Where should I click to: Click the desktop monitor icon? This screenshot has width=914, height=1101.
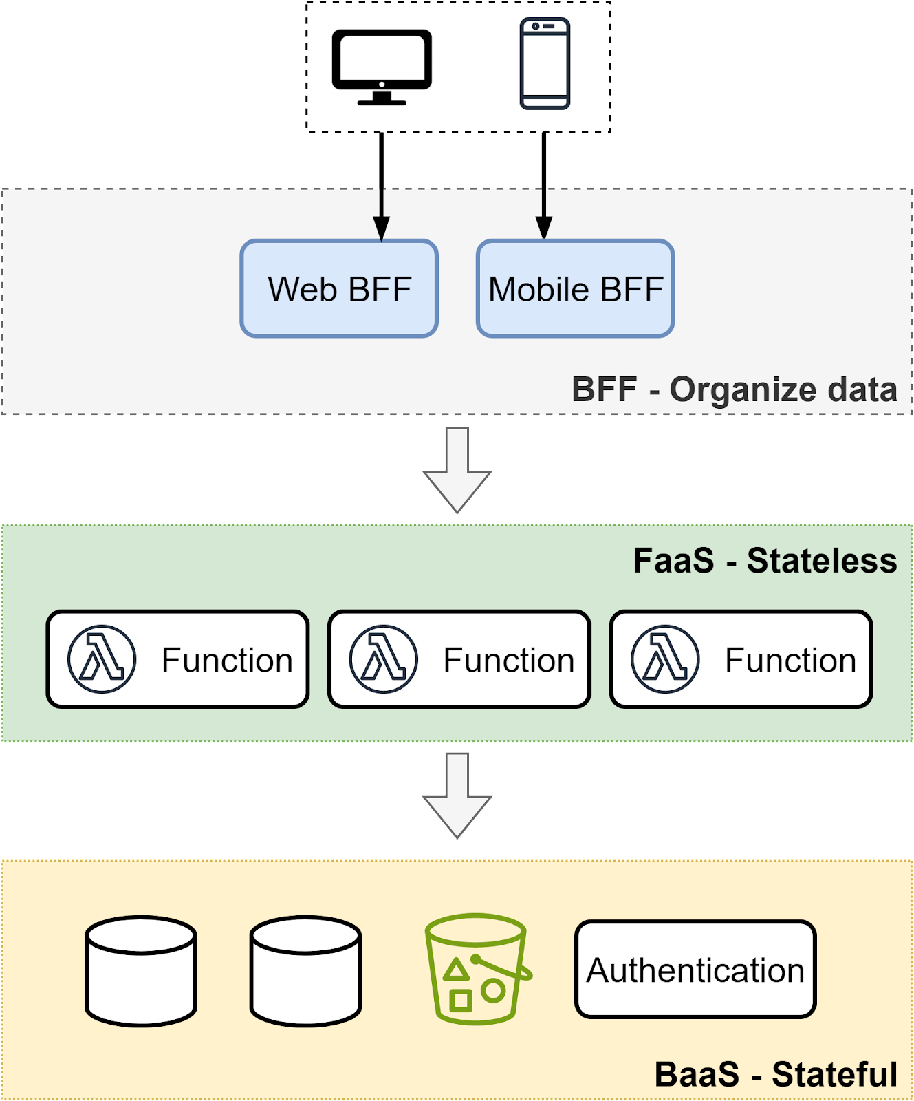[x=382, y=66]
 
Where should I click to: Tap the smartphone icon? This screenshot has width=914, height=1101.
[x=545, y=63]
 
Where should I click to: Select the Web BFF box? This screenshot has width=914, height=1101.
[x=339, y=288]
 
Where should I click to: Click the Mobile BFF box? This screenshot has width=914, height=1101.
[x=575, y=288]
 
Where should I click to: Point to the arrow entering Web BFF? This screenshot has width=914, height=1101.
[x=381, y=215]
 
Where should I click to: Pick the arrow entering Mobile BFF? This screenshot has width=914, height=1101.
[x=544, y=215]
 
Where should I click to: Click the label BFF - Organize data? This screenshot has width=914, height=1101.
[x=734, y=389]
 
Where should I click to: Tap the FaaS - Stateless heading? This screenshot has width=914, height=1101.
[x=764, y=560]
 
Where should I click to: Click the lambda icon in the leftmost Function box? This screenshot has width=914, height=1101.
[x=102, y=659]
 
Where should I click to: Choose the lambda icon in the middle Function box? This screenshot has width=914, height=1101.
[x=384, y=659]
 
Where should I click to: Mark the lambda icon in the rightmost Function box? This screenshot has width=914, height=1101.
[x=665, y=659]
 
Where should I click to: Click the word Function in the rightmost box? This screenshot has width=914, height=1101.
[x=790, y=661]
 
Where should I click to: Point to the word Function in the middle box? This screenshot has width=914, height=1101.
[x=508, y=661]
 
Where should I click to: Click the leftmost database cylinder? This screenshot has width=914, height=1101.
[x=141, y=971]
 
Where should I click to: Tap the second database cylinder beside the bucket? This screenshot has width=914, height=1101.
[x=305, y=971]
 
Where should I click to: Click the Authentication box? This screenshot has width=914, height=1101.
[x=695, y=970]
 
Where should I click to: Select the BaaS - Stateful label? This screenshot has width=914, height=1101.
[x=775, y=1074]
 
